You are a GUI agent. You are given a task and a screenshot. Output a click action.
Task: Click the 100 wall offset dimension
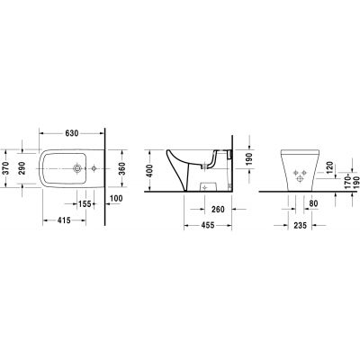(117, 198)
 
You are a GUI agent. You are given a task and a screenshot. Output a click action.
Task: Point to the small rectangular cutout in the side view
(209, 184)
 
